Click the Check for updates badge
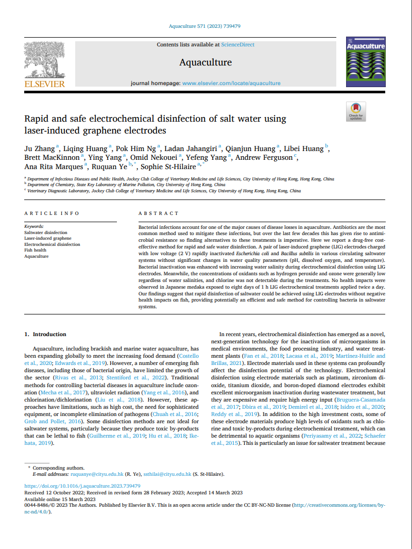[x=356, y=112]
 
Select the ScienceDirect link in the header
[x=237, y=45]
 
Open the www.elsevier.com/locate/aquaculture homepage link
[x=231, y=83]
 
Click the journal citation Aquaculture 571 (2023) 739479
[x=205, y=26]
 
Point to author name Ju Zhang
[x=40, y=148]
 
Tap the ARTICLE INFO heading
[x=52, y=213]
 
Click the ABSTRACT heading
[x=159, y=213]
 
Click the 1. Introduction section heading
[x=46, y=334]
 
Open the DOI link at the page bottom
[x=83, y=486]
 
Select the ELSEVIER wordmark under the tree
[x=44, y=84]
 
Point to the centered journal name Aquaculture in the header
[x=205, y=62]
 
